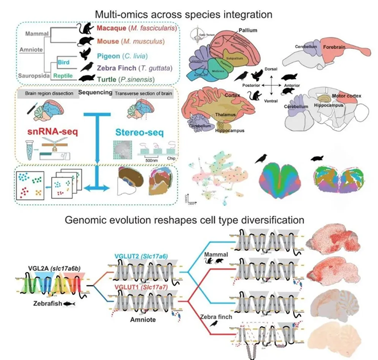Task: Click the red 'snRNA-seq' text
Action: (x=47, y=135)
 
